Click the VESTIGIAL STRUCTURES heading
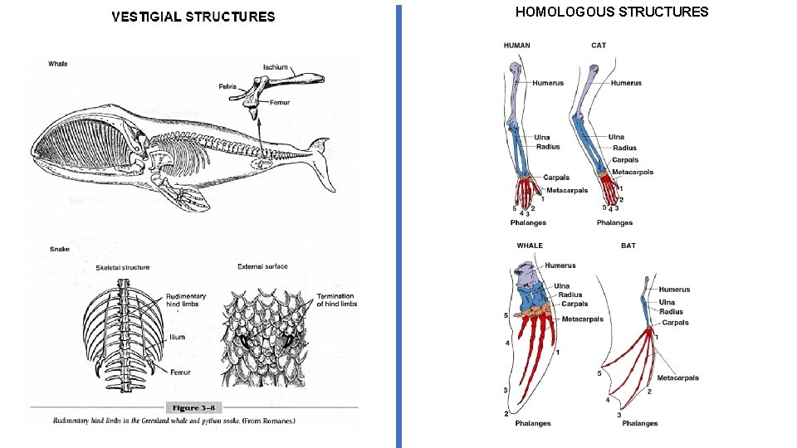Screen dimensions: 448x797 (x=193, y=17)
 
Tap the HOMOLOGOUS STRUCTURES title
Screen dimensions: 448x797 (x=612, y=12)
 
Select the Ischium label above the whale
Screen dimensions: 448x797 (x=276, y=67)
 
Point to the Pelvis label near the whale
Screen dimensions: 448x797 (x=227, y=85)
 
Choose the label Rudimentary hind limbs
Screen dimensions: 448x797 (x=186, y=300)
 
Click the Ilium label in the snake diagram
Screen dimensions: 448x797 (x=177, y=338)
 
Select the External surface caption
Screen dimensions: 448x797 (x=262, y=266)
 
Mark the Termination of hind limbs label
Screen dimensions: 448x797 (x=336, y=300)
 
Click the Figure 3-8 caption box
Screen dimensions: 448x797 (x=193, y=407)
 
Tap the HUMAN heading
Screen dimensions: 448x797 (x=516, y=46)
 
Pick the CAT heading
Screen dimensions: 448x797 (x=599, y=46)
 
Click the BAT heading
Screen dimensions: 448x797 (x=628, y=246)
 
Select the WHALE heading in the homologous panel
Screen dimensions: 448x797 (x=530, y=246)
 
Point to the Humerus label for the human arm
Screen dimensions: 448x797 (x=548, y=83)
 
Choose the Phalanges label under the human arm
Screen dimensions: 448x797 (x=528, y=222)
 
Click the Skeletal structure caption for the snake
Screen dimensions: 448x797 (x=123, y=267)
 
